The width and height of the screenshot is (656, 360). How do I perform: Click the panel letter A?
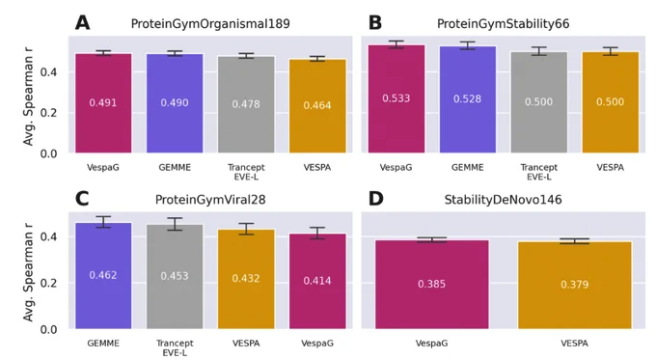tap(82, 22)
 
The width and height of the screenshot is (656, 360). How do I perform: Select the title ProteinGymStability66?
tap(503, 24)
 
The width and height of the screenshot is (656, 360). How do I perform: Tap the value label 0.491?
tap(103, 102)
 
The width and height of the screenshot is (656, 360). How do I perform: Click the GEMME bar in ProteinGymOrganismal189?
tap(175, 103)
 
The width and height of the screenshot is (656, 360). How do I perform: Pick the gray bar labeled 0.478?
tap(246, 104)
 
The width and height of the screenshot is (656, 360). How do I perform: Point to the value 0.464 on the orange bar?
tap(317, 105)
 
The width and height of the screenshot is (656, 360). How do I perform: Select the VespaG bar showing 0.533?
tap(396, 98)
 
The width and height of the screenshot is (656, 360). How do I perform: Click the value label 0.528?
tap(467, 98)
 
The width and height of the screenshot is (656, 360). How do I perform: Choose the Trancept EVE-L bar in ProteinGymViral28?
tap(175, 276)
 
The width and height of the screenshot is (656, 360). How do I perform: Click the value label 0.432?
tap(246, 278)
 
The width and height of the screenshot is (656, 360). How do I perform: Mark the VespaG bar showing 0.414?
tap(317, 281)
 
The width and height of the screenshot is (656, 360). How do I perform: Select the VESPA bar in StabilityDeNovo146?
tap(574, 286)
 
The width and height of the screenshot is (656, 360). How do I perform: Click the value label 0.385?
tap(431, 284)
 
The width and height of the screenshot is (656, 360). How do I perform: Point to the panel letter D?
tap(375, 199)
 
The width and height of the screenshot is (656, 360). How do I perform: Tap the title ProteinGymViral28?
tap(210, 200)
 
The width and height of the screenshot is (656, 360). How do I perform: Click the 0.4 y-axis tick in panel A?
tap(48, 72)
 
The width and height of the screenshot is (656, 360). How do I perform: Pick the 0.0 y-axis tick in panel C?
tap(48, 330)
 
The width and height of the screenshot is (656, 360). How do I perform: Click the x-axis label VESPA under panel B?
tap(610, 167)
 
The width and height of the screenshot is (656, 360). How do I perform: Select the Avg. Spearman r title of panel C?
tap(28, 272)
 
